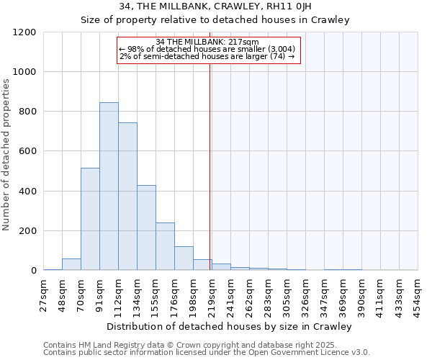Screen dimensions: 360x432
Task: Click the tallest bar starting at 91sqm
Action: point(109,186)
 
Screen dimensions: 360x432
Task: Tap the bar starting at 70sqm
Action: point(90,219)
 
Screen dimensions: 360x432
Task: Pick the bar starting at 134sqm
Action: point(146,228)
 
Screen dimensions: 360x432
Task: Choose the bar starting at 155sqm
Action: point(165,246)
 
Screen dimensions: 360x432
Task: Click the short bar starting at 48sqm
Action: point(71,265)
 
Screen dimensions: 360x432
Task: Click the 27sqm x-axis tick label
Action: point(43,294)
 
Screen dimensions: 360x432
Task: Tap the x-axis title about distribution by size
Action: point(230,326)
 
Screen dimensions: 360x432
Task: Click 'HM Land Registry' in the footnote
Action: point(104,346)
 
